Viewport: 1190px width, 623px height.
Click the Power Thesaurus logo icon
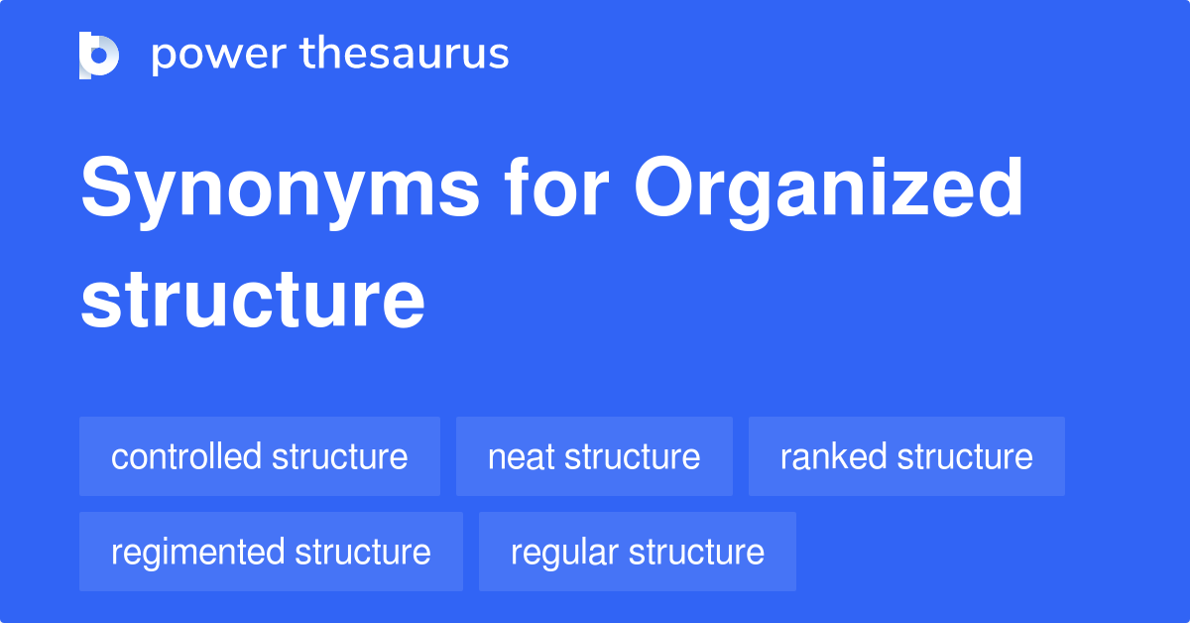(99, 55)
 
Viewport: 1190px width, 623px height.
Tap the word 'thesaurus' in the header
(406, 55)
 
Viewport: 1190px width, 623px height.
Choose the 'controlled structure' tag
(260, 456)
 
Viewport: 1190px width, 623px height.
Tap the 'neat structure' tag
(594, 456)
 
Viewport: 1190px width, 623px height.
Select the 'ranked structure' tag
(906, 456)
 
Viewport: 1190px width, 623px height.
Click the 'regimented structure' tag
(271, 552)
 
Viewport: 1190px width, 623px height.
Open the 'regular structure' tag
(638, 552)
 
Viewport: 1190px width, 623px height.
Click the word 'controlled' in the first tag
(186, 456)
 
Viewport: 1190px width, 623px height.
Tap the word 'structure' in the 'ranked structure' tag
(965, 456)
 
